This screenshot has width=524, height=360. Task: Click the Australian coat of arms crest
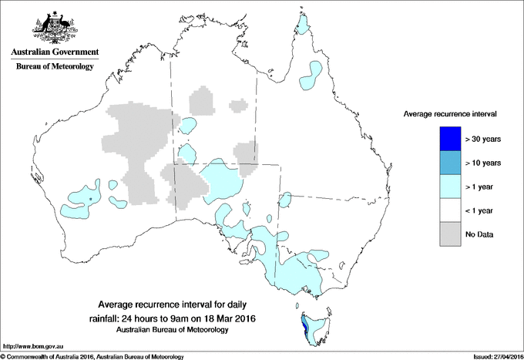click(x=53, y=26)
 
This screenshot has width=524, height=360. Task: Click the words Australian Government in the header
click(x=54, y=52)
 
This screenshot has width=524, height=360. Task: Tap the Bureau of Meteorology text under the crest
click(x=54, y=67)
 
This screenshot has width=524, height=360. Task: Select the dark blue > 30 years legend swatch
click(x=450, y=139)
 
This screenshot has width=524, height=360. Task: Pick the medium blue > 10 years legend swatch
click(x=450, y=163)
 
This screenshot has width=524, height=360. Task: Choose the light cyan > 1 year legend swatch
click(x=450, y=187)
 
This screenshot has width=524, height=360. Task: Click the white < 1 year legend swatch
click(x=450, y=210)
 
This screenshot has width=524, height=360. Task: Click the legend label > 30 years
click(x=484, y=140)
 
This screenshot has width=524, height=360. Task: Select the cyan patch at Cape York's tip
click(x=307, y=28)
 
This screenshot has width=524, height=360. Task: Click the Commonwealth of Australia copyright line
click(x=92, y=355)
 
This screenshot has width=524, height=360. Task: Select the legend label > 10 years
click(x=484, y=163)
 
